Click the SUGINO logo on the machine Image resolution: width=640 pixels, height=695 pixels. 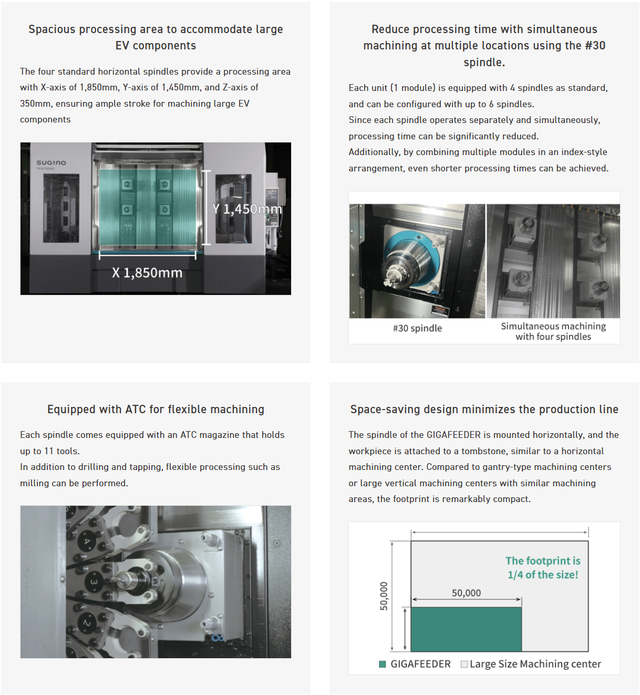click(x=51, y=162)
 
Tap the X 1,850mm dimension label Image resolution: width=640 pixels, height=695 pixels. click(x=147, y=273)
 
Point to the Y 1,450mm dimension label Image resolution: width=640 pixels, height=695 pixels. click(x=247, y=209)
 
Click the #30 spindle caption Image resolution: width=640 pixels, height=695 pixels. click(x=417, y=328)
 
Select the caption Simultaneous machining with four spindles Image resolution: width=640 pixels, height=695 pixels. click(x=553, y=331)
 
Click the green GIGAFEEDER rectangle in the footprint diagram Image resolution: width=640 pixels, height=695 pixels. click(x=466, y=629)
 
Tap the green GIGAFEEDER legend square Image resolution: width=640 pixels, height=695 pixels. click(x=383, y=664)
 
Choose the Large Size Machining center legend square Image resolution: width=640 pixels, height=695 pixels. click(x=464, y=664)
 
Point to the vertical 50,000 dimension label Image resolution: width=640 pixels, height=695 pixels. click(x=384, y=596)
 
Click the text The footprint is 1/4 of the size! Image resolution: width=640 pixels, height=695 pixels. click(x=543, y=567)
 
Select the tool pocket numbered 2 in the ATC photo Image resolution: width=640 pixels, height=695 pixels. click(x=87, y=622)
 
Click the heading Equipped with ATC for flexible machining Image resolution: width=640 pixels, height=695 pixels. click(x=156, y=409)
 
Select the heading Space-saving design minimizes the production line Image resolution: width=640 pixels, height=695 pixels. click(x=484, y=409)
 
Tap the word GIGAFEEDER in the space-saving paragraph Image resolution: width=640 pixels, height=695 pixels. click(x=453, y=435)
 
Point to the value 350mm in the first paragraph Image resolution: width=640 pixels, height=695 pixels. click(x=35, y=104)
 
